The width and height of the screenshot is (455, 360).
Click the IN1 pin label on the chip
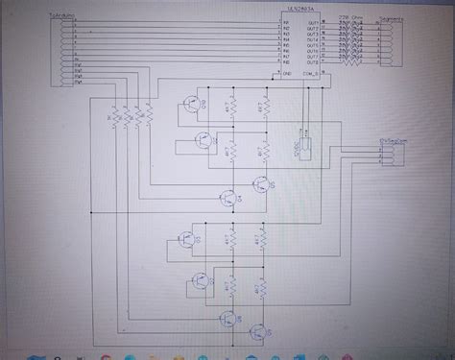tap(286, 21)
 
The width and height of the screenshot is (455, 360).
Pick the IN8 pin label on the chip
tap(286, 60)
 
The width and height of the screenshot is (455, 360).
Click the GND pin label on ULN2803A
tap(286, 73)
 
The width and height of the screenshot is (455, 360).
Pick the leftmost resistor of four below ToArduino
tap(113, 117)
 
